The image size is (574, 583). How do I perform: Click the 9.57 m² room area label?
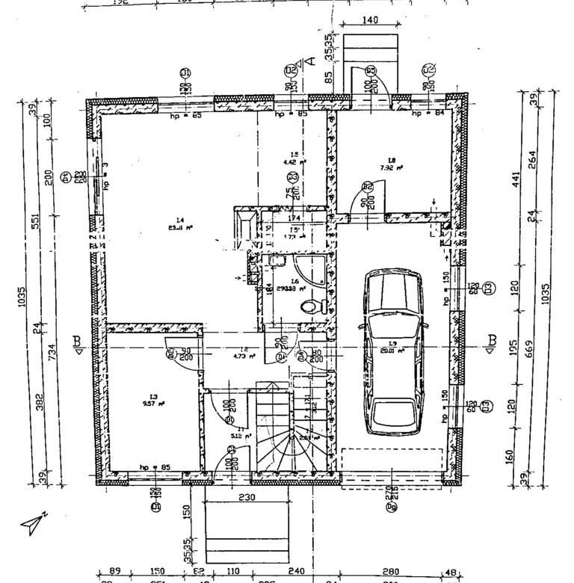point(154,401)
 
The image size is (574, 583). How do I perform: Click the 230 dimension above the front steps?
point(247,496)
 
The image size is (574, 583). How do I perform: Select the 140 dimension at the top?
point(370,20)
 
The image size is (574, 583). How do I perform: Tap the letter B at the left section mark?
point(78,341)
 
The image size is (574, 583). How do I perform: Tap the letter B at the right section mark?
point(492,340)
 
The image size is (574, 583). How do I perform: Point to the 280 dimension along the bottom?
point(391,572)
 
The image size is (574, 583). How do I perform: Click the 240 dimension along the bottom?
point(296,572)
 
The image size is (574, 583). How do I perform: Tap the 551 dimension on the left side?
point(35,222)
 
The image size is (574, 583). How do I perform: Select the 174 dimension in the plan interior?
point(294,218)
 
